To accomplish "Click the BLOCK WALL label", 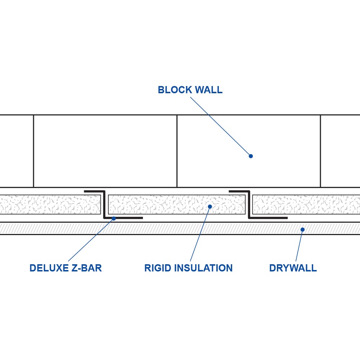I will [x=190, y=90].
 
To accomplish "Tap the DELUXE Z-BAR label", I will [x=66, y=268].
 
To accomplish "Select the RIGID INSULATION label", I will [x=188, y=268].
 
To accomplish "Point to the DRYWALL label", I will [x=293, y=268].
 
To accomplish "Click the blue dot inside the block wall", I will [x=251, y=156].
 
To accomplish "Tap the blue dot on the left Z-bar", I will [x=114, y=219].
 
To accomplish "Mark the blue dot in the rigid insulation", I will [x=210, y=206].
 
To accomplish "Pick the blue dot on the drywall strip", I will [x=302, y=229].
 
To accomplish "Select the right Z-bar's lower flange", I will [x=268, y=218].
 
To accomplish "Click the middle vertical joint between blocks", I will [x=177, y=151].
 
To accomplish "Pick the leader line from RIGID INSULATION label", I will [x=200, y=234].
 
